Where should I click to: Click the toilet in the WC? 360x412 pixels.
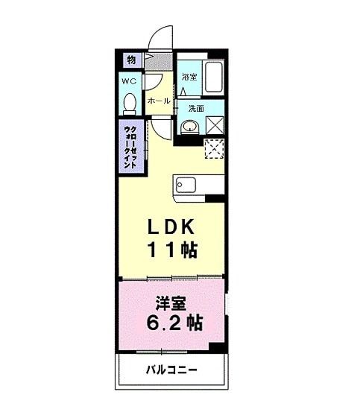(x=130, y=102)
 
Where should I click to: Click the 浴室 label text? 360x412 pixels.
(x=189, y=77)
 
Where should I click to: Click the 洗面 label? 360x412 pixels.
(x=195, y=108)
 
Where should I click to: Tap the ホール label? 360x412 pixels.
(x=158, y=100)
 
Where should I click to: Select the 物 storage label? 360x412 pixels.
(x=130, y=60)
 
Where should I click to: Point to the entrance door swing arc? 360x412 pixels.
(x=159, y=37)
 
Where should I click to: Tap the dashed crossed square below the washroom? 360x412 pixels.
(x=214, y=148)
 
